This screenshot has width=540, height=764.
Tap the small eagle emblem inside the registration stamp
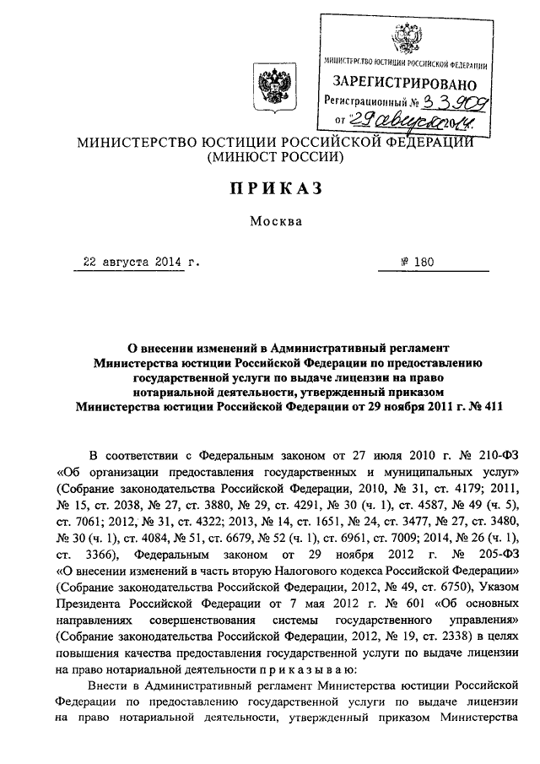(403, 39)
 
